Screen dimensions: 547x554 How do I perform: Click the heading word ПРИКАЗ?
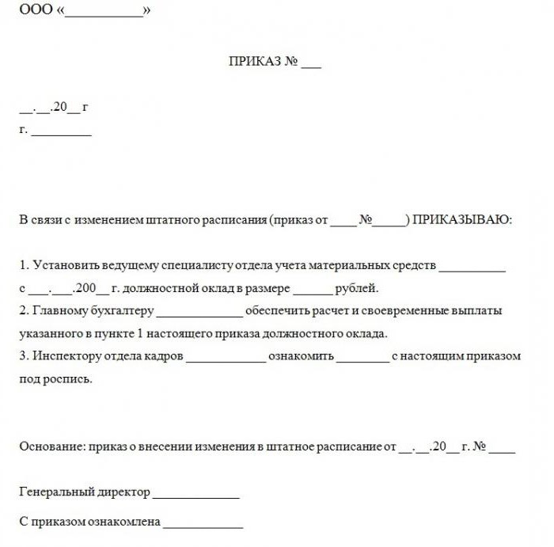(x=255, y=63)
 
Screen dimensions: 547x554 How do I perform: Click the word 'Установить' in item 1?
(x=63, y=265)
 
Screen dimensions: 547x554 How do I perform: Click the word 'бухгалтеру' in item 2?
(x=124, y=311)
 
